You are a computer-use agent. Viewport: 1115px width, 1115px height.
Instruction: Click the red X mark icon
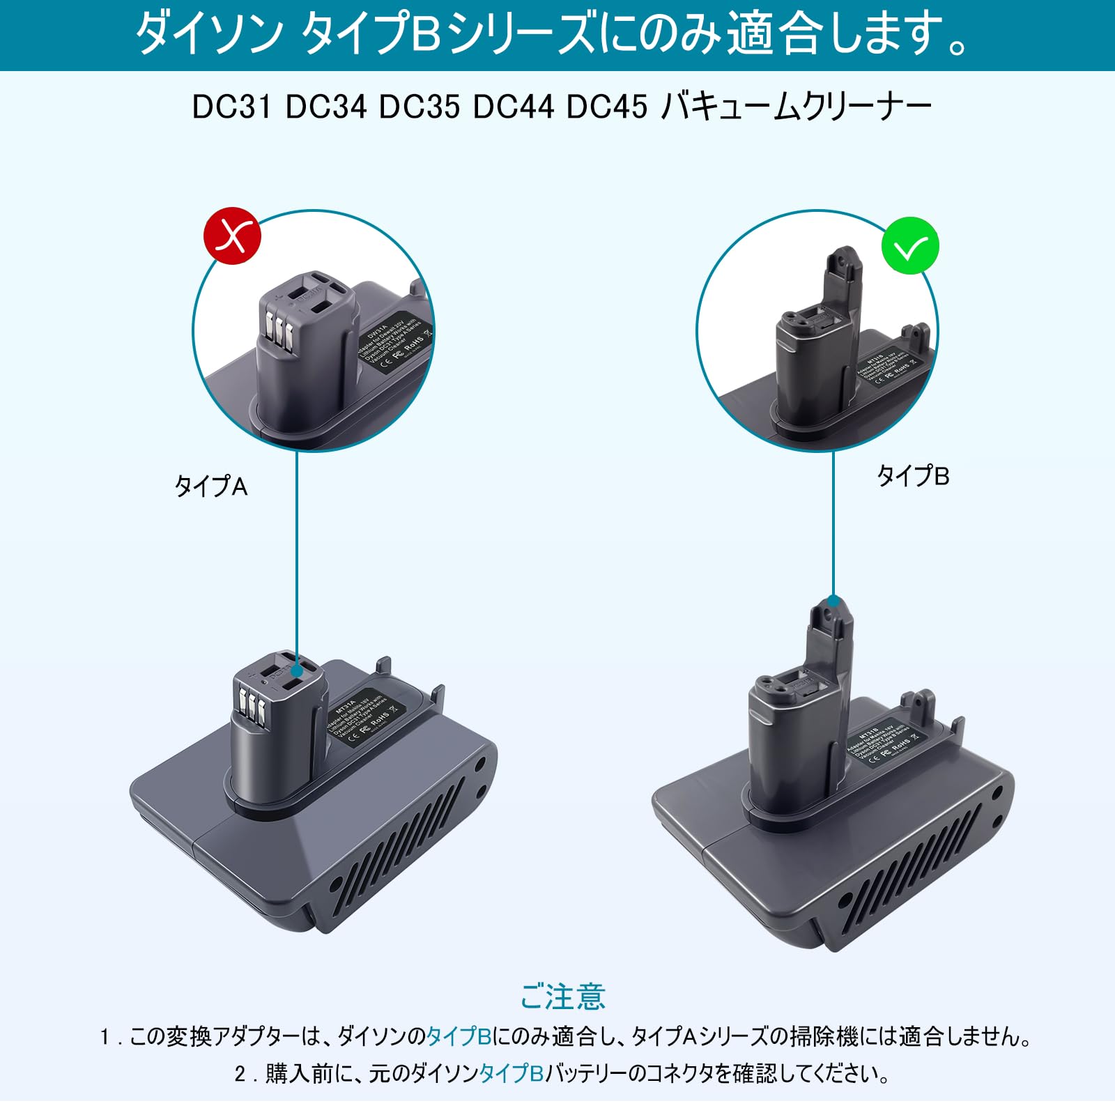232,236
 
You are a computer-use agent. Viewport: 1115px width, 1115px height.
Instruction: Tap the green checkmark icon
910,245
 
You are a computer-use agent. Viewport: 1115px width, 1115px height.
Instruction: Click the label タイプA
210,486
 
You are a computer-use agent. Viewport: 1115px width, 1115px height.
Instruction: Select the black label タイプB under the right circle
913,476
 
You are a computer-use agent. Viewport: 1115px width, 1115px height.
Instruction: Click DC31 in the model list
231,107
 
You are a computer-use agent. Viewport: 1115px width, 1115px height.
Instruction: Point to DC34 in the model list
325,107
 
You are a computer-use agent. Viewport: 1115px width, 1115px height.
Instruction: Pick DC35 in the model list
419,107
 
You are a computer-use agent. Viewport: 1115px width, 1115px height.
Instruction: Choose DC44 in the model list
513,107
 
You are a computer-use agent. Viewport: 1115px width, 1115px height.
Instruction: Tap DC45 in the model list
606,107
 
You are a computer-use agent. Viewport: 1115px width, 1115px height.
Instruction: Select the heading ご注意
562,997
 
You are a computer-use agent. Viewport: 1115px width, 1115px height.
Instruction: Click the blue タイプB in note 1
459,1036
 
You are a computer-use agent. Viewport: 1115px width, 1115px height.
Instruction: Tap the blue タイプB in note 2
511,1073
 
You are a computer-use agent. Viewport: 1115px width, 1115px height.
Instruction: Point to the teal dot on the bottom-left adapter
297,670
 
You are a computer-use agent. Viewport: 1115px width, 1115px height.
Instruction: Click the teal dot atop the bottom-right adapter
833,601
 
